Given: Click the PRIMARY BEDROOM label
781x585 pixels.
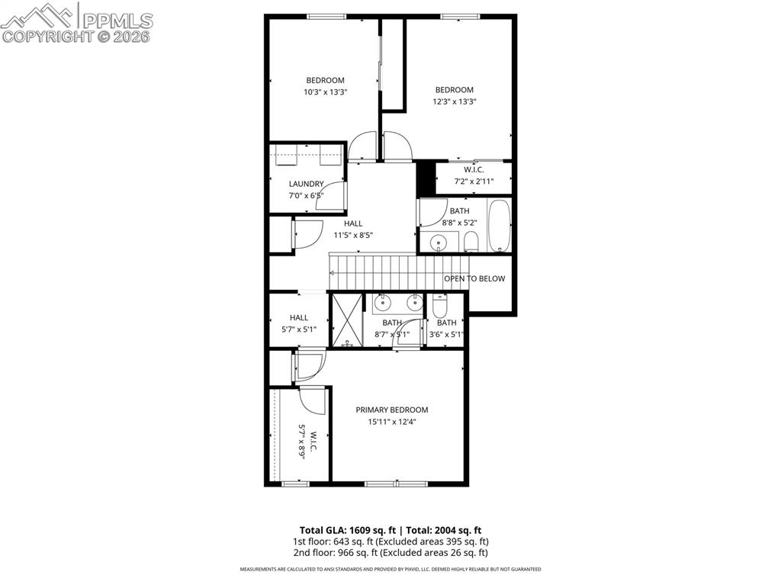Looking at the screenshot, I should click(x=391, y=410).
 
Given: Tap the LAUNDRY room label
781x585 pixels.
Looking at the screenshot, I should click(x=306, y=184).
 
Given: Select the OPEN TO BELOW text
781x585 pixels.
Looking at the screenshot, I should click(x=474, y=278).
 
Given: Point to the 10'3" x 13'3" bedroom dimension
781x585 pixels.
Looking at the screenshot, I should click(x=325, y=92).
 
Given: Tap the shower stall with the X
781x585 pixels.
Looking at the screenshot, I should click(x=347, y=320).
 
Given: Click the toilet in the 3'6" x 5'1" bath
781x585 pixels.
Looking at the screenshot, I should click(x=439, y=307).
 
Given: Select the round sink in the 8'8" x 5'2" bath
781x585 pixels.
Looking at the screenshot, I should click(x=439, y=243).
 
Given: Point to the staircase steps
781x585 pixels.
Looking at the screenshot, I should click(x=385, y=272).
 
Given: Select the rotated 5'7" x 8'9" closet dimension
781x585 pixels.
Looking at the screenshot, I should click(x=302, y=441).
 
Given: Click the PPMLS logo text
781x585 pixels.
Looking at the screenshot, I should click(x=117, y=21).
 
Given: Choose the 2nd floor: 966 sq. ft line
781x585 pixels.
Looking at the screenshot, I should click(x=390, y=552).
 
